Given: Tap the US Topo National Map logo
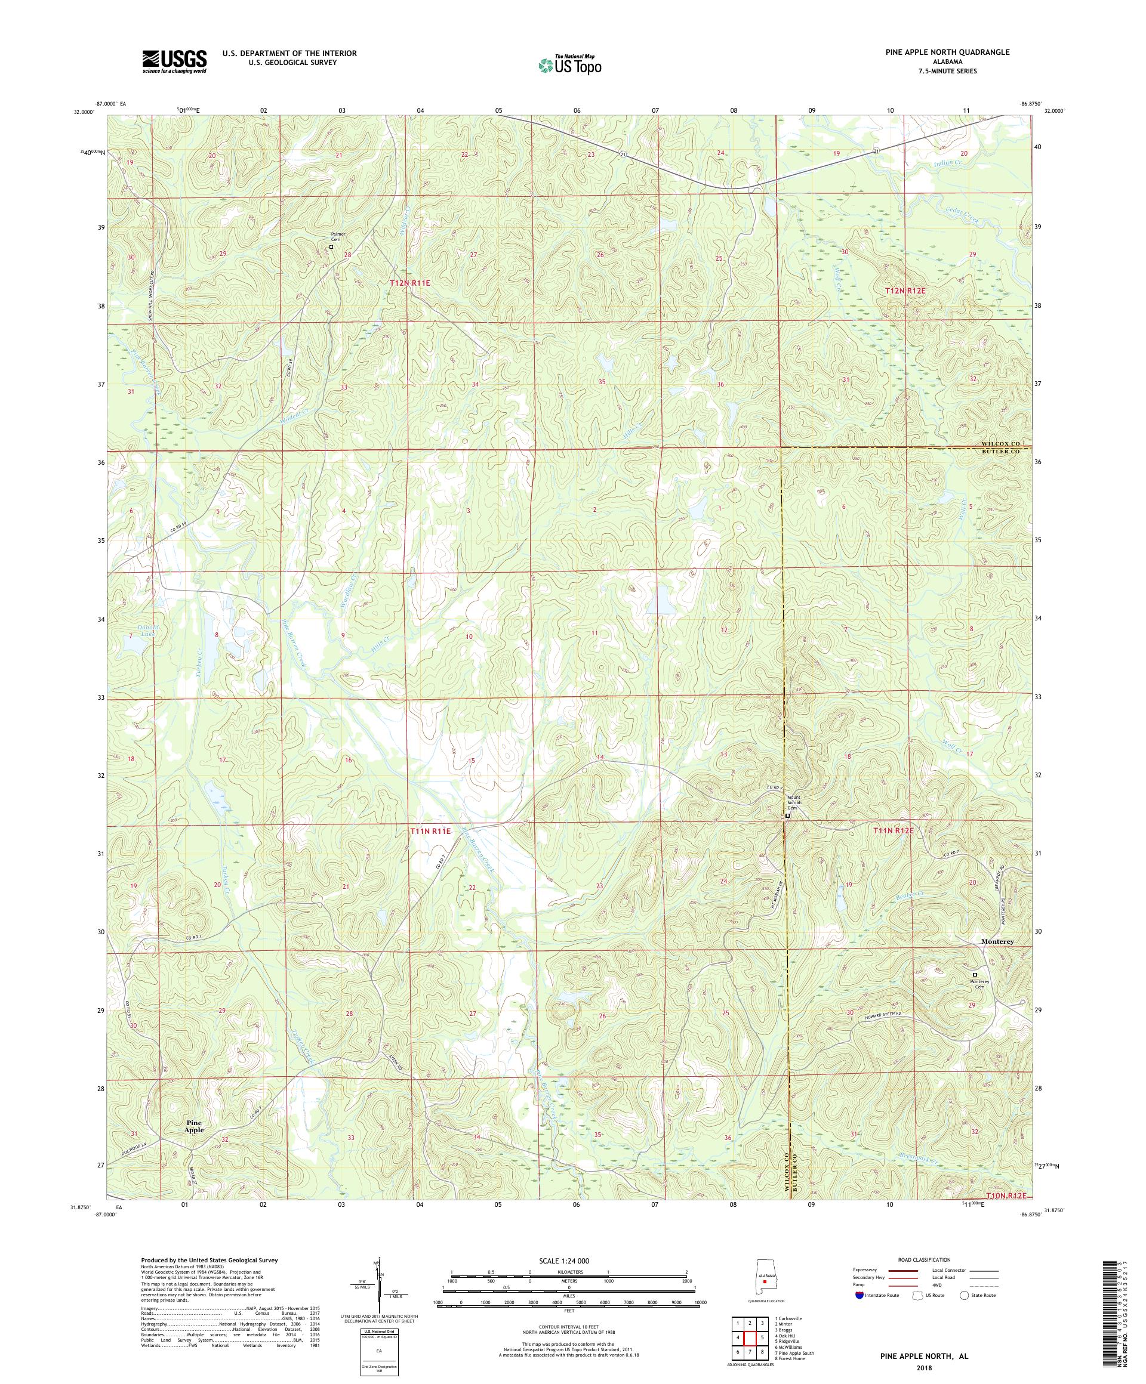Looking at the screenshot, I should point(569,64).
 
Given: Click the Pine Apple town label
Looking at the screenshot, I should point(194,1125).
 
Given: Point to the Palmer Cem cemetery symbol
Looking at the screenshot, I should point(332,247).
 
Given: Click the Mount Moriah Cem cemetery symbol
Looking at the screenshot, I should point(787,816).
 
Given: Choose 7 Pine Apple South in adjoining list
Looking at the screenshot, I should point(794,1348).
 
